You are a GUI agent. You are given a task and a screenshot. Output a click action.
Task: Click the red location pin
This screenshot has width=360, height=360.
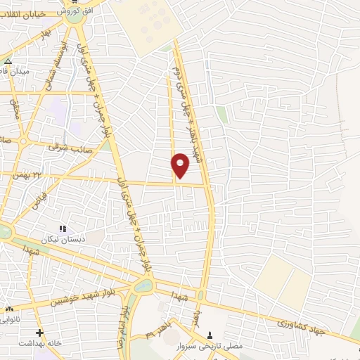[x=181, y=165]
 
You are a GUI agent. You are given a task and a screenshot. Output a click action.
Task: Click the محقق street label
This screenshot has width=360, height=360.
[x=13, y=108]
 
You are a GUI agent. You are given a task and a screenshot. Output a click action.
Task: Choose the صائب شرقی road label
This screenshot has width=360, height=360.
[x=66, y=148]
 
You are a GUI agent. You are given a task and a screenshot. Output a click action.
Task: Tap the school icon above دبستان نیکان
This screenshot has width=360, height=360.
[x=62, y=229]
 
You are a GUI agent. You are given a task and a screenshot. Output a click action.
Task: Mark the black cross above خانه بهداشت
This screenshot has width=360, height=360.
[x=40, y=333]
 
